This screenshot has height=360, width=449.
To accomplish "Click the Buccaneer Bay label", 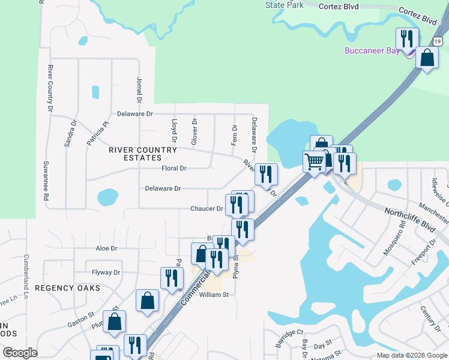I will coord(372,51).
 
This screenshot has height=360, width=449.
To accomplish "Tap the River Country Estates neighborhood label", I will coord(143,154).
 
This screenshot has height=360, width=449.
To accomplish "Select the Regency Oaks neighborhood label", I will coord(67,288).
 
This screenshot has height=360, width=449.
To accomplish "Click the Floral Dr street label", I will coord(174,169).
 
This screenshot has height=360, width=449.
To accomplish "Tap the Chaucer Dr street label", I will coord(206,209).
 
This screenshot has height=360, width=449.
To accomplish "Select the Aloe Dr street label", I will coord(106,248).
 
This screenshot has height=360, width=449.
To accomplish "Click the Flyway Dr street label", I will coord(106,272).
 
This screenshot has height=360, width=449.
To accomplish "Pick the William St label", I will coord(214,295).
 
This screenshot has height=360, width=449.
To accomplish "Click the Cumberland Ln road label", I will coord(26,275).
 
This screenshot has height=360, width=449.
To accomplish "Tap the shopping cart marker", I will coord(314,161).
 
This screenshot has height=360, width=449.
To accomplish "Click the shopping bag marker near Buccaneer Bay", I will coord(427,58).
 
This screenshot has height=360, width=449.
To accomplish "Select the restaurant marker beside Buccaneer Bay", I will coord(407,40).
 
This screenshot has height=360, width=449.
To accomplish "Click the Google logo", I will coord(20,353).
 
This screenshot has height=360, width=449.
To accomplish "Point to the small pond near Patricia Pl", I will coord(95,92).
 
